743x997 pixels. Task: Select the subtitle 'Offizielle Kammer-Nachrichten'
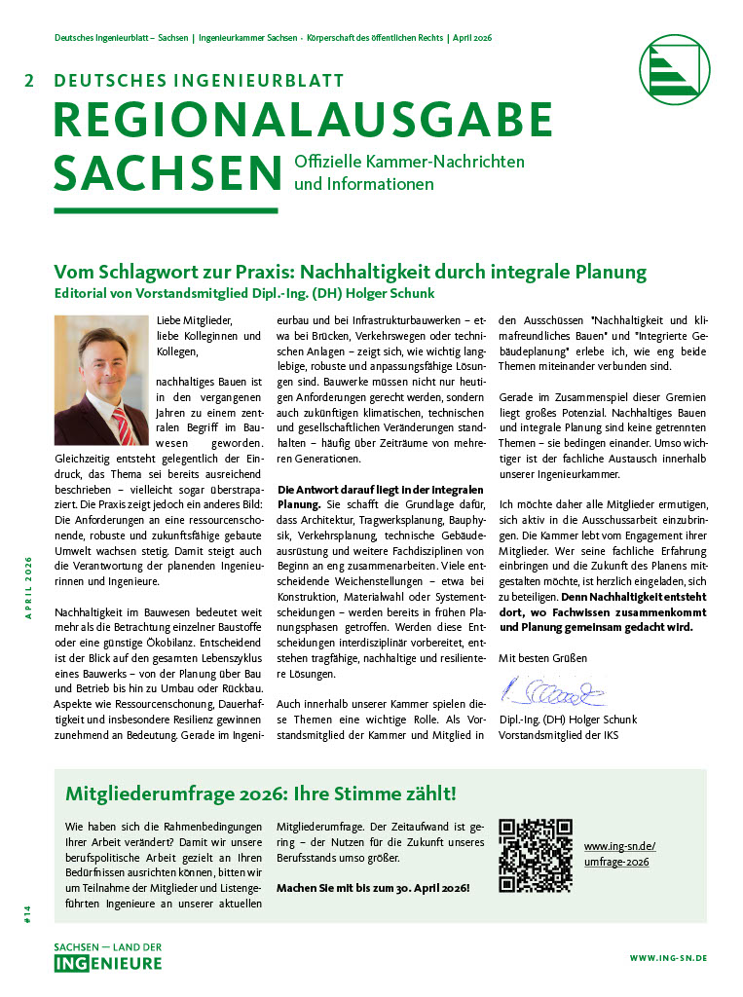(x=409, y=162)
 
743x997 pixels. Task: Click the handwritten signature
(x=552, y=693)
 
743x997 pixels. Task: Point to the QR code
(x=536, y=855)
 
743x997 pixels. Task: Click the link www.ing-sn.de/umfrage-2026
(x=619, y=854)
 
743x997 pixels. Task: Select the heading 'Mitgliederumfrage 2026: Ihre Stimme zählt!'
(x=260, y=794)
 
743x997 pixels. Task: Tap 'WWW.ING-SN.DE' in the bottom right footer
(x=668, y=959)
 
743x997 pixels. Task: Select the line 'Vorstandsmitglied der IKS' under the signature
(x=558, y=735)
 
